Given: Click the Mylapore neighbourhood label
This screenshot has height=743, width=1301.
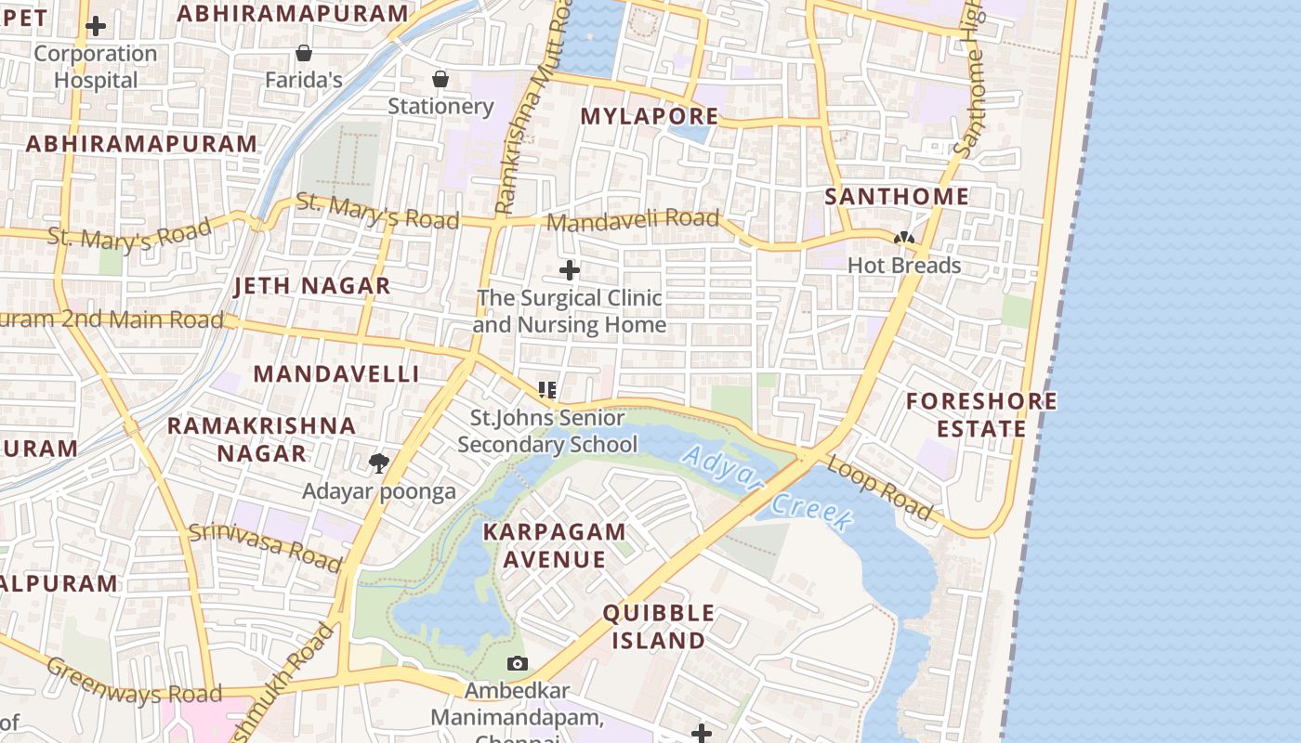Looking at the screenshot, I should click(649, 116).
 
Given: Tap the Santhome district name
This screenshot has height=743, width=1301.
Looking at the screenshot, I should click(897, 196).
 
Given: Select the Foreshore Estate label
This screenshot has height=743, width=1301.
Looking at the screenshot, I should click(981, 414).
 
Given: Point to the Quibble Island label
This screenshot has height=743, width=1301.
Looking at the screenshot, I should click(659, 626).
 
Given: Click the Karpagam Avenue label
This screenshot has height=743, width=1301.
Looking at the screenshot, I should click(554, 545).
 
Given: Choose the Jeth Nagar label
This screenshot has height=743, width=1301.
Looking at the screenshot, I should click(312, 286).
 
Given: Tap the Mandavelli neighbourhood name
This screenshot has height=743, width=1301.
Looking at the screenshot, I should click(336, 373).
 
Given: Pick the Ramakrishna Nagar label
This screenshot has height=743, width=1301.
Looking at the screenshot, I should click(261, 439).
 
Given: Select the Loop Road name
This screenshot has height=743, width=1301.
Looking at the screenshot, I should click(879, 488).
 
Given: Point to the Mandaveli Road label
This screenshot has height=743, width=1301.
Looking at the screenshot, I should click(633, 220).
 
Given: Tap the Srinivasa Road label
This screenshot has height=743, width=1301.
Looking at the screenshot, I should click(265, 546).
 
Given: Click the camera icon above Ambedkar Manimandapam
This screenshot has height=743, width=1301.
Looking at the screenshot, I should click(518, 663).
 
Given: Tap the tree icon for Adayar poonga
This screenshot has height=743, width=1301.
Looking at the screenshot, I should click(378, 463).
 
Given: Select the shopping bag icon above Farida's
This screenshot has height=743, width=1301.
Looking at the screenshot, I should click(303, 53).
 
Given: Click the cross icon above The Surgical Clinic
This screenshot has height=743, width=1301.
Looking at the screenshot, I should click(569, 270).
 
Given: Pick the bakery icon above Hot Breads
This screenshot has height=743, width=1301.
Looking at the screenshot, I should click(903, 239).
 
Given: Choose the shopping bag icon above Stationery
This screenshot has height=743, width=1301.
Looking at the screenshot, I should click(440, 79).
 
